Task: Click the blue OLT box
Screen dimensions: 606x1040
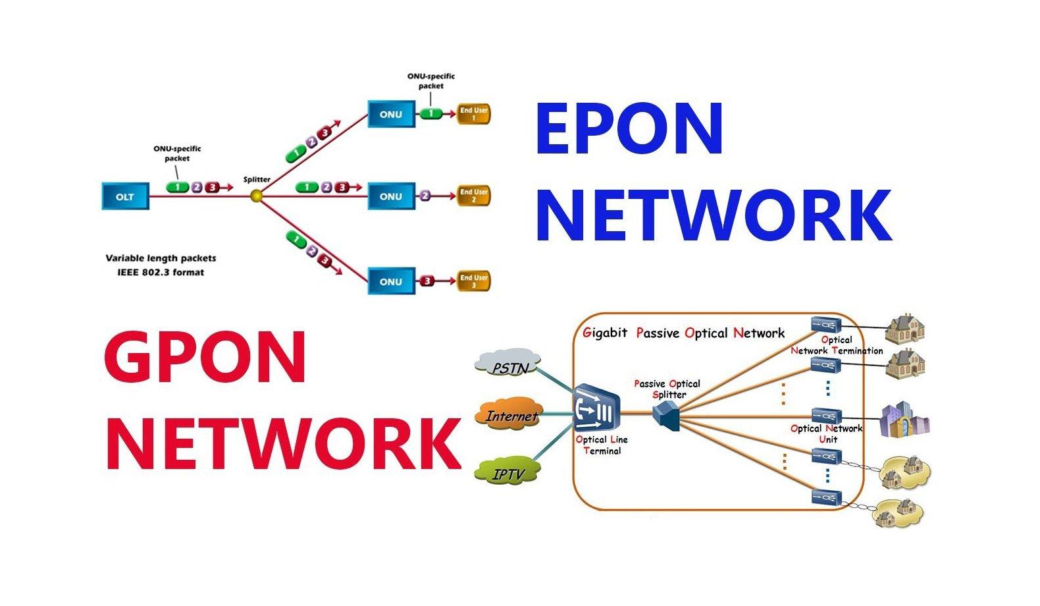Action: [125, 196]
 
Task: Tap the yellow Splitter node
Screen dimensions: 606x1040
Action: [257, 196]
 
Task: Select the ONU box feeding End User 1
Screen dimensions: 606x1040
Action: [391, 114]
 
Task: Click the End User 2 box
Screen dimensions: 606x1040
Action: [473, 196]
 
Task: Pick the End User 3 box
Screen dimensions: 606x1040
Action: [473, 281]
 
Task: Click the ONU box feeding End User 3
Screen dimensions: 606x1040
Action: [391, 281]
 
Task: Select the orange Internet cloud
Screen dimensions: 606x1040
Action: [510, 416]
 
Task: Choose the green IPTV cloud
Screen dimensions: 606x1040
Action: [508, 473]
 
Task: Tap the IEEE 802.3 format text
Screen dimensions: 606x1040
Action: [156, 272]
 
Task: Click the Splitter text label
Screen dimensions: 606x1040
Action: [257, 179]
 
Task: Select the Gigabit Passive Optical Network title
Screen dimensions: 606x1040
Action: [683, 333]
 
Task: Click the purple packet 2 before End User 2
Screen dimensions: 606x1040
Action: [425, 196]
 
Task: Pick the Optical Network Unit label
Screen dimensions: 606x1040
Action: [827, 433]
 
